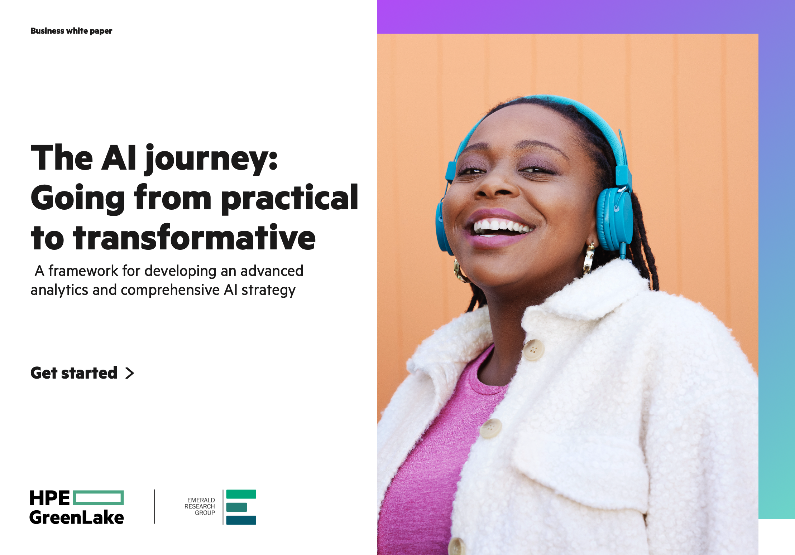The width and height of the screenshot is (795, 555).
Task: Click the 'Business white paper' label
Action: tap(71, 31)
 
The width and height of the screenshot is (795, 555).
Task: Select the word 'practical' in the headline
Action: tap(289, 198)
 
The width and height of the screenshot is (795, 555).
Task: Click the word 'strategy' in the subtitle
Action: tap(268, 291)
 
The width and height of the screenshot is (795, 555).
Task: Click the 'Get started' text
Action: tap(74, 373)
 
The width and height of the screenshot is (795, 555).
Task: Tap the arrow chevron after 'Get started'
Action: tap(130, 373)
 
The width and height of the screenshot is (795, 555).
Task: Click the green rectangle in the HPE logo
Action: tap(99, 498)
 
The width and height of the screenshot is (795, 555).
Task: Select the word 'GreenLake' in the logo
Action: tap(77, 517)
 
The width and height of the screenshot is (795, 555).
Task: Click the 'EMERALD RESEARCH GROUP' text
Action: tap(200, 506)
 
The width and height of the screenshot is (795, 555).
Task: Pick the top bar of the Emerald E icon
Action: tap(241, 494)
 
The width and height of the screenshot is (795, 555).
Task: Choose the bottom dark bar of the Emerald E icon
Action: tap(241, 520)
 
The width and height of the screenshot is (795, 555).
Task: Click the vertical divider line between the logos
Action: tap(154, 507)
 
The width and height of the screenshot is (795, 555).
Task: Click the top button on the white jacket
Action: tap(533, 350)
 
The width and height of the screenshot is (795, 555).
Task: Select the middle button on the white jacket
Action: tap(491, 428)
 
